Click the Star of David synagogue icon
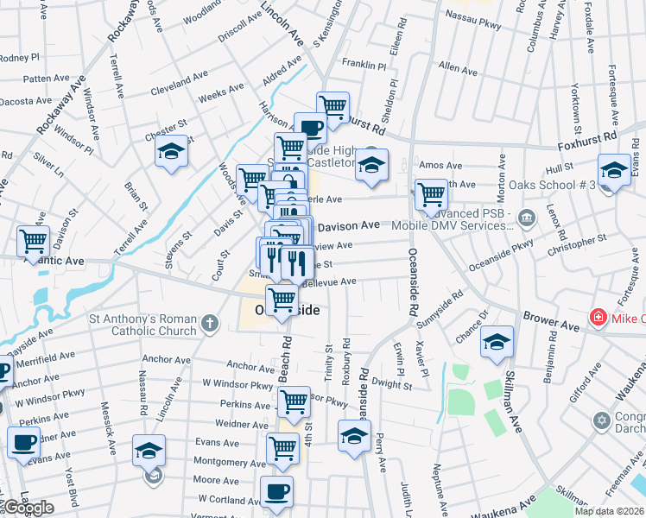click(602, 421)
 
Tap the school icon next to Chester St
click(171, 153)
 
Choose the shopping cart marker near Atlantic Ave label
click(33, 239)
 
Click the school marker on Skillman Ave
click(497, 341)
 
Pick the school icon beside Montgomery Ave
click(149, 450)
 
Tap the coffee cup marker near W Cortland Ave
click(276, 491)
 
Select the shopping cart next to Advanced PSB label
click(430, 194)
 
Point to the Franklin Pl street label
click(364, 65)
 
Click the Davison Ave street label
click(348, 225)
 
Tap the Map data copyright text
click(609, 511)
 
